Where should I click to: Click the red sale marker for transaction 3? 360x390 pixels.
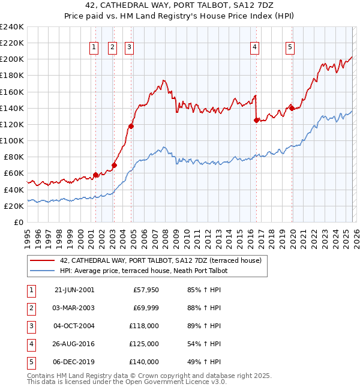[131, 126]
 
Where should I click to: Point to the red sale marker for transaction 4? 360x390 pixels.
[256, 120]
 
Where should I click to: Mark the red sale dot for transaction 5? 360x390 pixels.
[292, 108]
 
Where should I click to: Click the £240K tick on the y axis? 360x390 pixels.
[11, 27]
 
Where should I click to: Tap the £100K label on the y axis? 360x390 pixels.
[11, 140]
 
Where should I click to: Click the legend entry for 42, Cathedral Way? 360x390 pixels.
[160, 260]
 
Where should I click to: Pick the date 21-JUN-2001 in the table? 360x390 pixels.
[74, 290]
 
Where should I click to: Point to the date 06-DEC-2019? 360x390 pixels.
[74, 362]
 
